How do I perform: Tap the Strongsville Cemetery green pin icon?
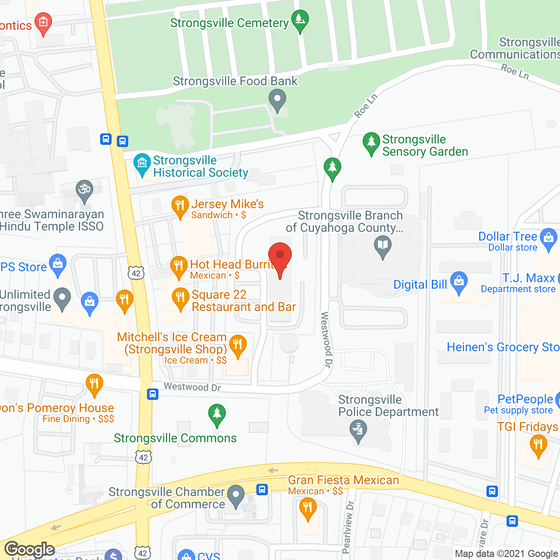point(300,20)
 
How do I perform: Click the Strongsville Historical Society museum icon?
point(142,164)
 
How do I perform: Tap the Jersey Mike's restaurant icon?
point(180,206)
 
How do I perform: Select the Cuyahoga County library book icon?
point(383,245)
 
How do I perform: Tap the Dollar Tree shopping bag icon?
point(548,238)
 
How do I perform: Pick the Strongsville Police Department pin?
point(358,430)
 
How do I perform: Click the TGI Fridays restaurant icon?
point(538,446)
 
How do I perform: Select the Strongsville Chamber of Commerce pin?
point(237,496)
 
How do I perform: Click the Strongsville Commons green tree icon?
point(217,414)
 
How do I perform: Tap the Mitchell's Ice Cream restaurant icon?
point(238,345)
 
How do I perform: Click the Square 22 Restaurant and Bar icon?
point(180,298)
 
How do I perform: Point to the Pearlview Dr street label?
point(348,527)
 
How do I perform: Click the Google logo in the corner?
point(30,549)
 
